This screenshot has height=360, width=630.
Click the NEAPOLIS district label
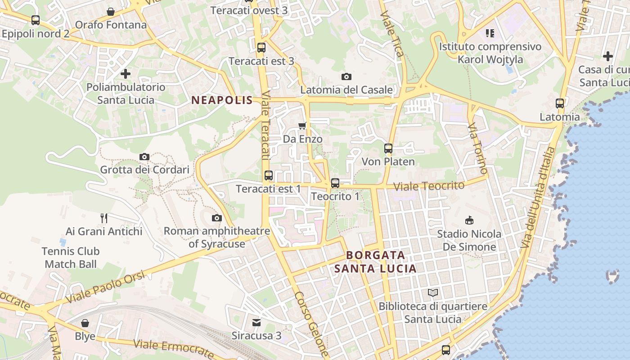tap(222, 100)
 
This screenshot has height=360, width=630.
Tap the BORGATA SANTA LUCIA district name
tap(375, 262)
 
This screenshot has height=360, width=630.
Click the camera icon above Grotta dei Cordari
tap(144, 157)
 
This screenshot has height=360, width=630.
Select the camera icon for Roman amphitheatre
tap(217, 218)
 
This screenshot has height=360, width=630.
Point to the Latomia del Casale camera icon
tap(346, 76)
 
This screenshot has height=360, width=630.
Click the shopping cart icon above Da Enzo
tap(302, 126)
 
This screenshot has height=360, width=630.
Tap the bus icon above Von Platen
tap(388, 148)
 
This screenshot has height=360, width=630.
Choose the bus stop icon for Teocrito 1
tap(335, 183)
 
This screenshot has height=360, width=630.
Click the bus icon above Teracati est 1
tap(268, 175)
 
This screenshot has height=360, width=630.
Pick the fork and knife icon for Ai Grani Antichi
tap(104, 218)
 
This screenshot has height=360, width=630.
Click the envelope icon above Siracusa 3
tap(256, 322)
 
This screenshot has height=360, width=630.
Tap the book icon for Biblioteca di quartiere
tap(433, 293)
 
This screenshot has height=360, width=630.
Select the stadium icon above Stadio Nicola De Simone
tap(469, 220)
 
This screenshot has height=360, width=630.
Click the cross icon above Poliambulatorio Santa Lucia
tap(126, 73)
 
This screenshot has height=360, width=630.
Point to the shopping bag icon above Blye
tap(85, 323)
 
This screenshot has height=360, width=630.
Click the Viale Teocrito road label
tap(428, 186)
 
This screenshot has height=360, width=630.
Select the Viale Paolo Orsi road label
tap(106, 287)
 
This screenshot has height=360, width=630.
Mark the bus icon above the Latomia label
tap(560, 103)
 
